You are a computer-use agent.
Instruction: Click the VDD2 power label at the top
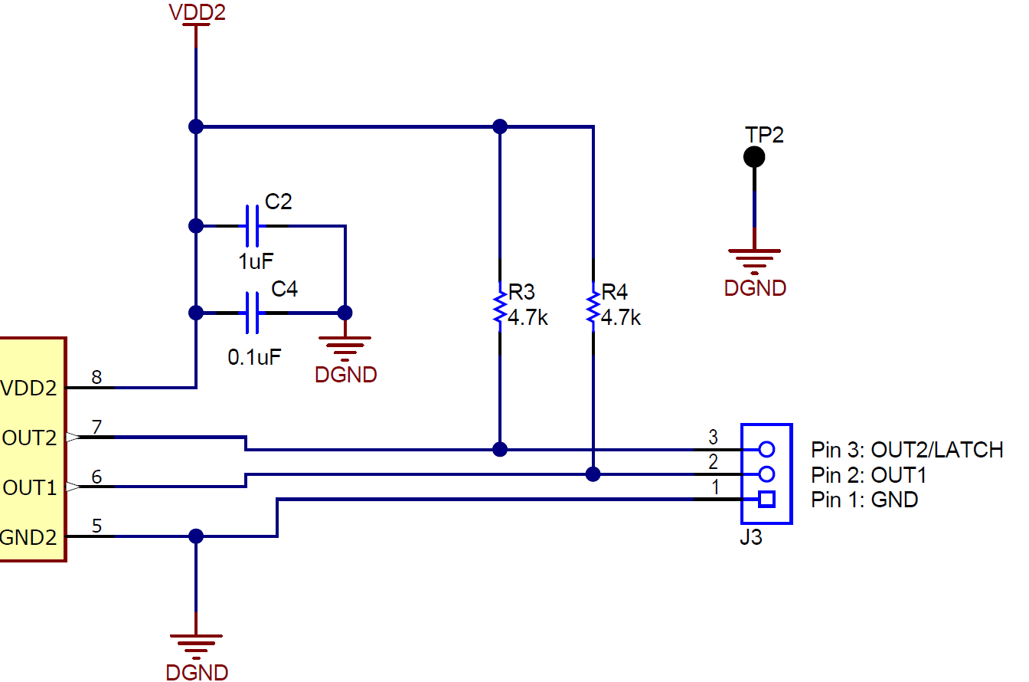(x=197, y=13)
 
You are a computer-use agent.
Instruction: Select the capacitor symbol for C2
(x=252, y=227)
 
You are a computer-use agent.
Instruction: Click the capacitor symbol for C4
(x=252, y=313)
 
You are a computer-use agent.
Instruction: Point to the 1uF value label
(x=256, y=261)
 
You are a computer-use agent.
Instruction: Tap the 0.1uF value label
(x=255, y=356)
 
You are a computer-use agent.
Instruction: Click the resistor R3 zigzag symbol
(x=500, y=306)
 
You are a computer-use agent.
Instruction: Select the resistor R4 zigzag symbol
(x=593, y=306)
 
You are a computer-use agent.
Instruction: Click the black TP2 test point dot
(x=754, y=157)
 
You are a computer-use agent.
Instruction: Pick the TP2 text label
(x=765, y=135)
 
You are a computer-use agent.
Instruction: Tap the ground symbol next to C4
(x=345, y=343)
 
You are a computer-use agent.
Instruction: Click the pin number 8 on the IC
(x=96, y=377)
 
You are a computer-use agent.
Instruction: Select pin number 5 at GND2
(x=96, y=526)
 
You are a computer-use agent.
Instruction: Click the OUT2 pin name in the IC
(x=30, y=438)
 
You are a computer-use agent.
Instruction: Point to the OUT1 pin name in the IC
(x=30, y=487)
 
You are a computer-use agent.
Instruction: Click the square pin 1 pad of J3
(x=766, y=500)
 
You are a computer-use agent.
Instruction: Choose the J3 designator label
(x=751, y=538)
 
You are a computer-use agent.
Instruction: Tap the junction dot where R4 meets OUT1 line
(x=593, y=474)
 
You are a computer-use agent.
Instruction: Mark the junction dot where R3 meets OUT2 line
(x=500, y=449)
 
